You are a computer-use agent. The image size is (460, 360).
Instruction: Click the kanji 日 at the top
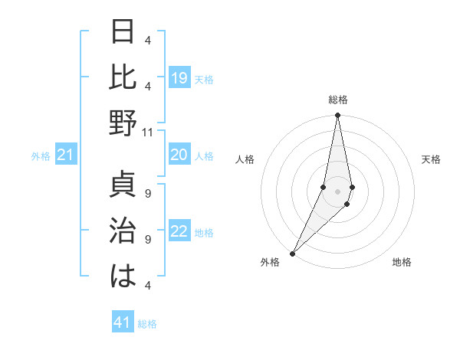pos(124,32)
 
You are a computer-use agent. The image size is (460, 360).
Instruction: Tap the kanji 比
pos(124,77)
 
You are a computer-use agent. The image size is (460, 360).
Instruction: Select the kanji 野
pos(124,122)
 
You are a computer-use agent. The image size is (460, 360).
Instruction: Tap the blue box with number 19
pos(179,77)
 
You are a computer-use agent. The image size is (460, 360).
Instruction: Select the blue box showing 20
pos(179,155)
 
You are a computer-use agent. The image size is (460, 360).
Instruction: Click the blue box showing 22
pos(179,232)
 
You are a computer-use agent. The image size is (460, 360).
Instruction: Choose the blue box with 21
pos(66,155)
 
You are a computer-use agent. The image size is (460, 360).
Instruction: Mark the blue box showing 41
pos(123,323)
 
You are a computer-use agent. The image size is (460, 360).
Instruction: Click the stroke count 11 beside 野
pos(148,132)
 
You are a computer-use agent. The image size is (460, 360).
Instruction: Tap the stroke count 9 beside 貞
pos(148,192)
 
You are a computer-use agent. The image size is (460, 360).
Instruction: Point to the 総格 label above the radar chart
pos(338,100)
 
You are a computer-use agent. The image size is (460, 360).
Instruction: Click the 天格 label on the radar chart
pos(432,159)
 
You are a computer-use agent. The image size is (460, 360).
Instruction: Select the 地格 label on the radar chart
pos(402,262)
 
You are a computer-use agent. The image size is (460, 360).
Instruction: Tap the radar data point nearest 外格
pos(292,254)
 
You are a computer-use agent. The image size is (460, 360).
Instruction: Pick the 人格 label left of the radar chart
pos(245,159)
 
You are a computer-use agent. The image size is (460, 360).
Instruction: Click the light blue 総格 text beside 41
pos(147,324)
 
